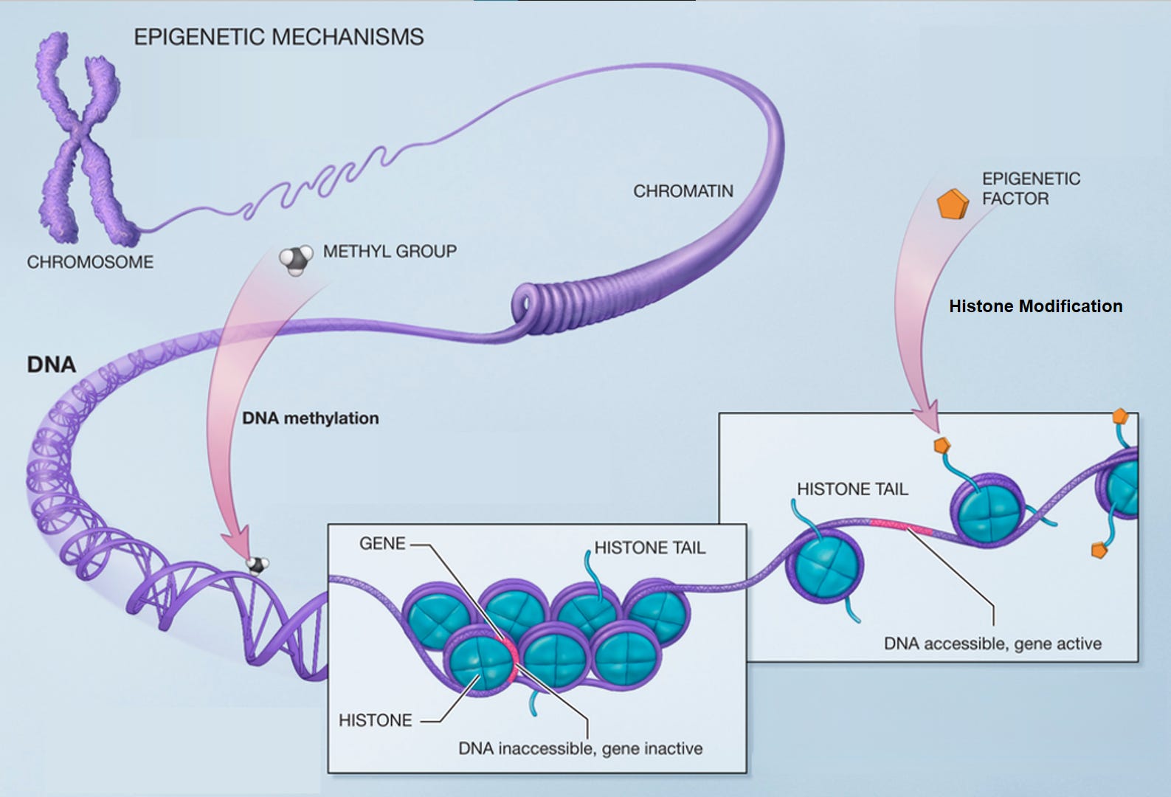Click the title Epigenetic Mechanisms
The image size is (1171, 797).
[x=278, y=37]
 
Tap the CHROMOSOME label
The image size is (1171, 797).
[x=90, y=262]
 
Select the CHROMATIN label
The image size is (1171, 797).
[x=683, y=191]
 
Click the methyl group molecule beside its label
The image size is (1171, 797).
[x=295, y=260]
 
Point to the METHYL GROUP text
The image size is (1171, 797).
[x=390, y=252]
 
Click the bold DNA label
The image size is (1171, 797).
[x=51, y=365]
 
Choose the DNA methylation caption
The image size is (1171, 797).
[x=310, y=418]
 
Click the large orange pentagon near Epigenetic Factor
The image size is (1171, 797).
[x=952, y=204]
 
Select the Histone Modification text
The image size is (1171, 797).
[x=1035, y=306]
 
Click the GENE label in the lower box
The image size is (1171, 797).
[x=382, y=544]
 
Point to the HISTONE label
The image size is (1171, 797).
[x=375, y=720]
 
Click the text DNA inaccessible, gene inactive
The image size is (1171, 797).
[x=580, y=749]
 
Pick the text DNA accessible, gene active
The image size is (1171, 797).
[x=992, y=644]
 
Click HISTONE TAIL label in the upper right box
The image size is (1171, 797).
[x=852, y=489]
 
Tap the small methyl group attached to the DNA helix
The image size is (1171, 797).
[x=258, y=565]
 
